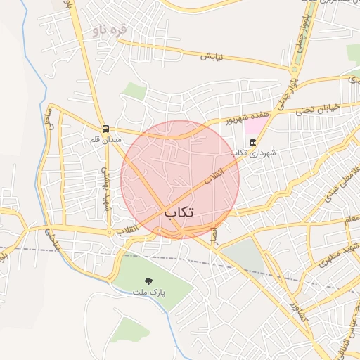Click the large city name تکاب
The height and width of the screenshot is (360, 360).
179,212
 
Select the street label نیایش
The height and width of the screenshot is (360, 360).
212,56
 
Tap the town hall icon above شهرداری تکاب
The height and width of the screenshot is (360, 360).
252,143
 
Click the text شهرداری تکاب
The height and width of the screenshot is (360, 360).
254,153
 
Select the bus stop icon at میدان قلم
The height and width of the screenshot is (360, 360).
105,129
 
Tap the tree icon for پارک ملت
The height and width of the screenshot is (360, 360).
148,281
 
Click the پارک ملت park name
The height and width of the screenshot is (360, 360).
148,291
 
